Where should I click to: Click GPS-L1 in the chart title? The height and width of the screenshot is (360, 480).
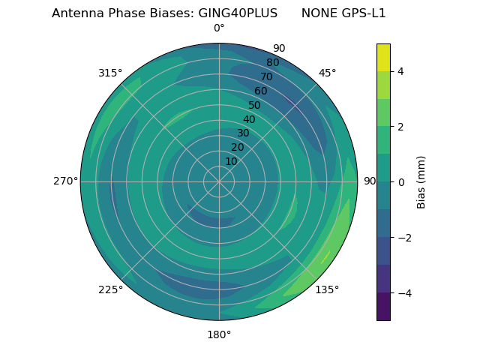(364, 13)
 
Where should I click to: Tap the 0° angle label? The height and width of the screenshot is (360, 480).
(219, 28)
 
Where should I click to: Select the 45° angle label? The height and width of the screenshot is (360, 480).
(327, 73)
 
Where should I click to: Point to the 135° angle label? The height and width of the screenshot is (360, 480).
(327, 289)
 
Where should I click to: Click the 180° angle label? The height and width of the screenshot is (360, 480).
(219, 334)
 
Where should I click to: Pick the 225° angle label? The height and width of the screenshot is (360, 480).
(110, 290)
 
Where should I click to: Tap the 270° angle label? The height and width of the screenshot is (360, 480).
(65, 181)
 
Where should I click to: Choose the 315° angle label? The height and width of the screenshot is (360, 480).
(110, 73)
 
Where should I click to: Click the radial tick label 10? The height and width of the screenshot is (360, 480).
(231, 161)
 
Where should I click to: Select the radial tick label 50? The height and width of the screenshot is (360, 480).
(255, 105)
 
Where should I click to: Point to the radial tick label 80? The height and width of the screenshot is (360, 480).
(272, 62)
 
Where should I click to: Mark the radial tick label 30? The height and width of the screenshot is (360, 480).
(243, 133)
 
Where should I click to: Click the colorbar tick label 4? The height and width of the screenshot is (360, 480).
(401, 71)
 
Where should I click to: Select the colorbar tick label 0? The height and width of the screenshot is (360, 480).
(401, 181)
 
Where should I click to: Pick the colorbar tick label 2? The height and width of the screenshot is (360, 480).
(401, 127)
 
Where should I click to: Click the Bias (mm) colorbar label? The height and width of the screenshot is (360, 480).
(421, 181)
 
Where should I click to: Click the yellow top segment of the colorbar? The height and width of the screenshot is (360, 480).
(383, 57)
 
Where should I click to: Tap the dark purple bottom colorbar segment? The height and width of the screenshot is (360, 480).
(383, 307)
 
